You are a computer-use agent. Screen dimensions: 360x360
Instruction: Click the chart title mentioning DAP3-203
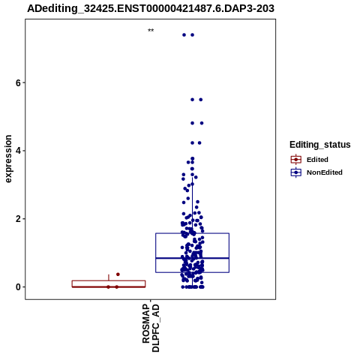[x=151, y=8]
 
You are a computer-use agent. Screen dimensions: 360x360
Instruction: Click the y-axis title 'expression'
[x=8, y=159]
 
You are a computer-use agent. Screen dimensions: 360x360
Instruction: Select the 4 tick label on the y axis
[x=18, y=151]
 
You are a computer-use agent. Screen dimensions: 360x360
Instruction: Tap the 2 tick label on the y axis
[x=18, y=219]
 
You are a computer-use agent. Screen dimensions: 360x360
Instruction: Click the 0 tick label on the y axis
[x=18, y=287]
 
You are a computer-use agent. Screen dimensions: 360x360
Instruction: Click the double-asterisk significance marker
[x=151, y=31]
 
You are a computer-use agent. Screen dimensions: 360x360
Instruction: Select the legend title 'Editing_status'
[x=320, y=145]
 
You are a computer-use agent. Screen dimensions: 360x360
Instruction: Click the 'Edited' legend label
[x=317, y=160]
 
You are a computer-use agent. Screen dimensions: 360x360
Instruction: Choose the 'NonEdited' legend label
[x=325, y=172]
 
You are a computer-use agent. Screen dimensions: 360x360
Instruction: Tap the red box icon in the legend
[x=296, y=160]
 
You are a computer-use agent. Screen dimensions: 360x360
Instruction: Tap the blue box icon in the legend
[x=296, y=172]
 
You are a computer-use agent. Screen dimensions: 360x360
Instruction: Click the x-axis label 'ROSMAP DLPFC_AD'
[x=151, y=328]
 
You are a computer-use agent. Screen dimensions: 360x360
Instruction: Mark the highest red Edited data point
[x=118, y=274]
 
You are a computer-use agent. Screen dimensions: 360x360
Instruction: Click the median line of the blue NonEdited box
[x=192, y=258]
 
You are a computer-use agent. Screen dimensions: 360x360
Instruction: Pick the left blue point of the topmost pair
[x=184, y=35]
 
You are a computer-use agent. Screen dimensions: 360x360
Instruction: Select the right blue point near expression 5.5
[x=201, y=100]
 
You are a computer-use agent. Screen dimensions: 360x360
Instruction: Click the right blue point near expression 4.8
[x=202, y=123]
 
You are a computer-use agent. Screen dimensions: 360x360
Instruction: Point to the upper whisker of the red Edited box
[x=109, y=277]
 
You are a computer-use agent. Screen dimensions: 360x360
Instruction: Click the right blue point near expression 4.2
[x=199, y=143]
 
